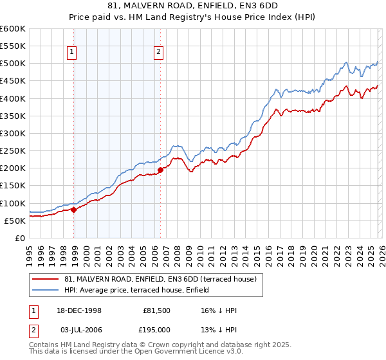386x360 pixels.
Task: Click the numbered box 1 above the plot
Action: pyautogui.click(x=72, y=53)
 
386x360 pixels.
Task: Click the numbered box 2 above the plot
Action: pyautogui.click(x=158, y=53)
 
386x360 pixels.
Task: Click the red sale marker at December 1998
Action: pyautogui.click(x=74, y=209)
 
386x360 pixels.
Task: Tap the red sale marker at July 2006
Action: pyautogui.click(x=160, y=170)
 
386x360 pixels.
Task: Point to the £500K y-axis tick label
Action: pyautogui.click(x=12, y=64)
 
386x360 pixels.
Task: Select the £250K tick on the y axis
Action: pyautogui.click(x=12, y=151)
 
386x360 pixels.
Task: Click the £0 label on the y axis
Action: pyautogui.click(x=20, y=238)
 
